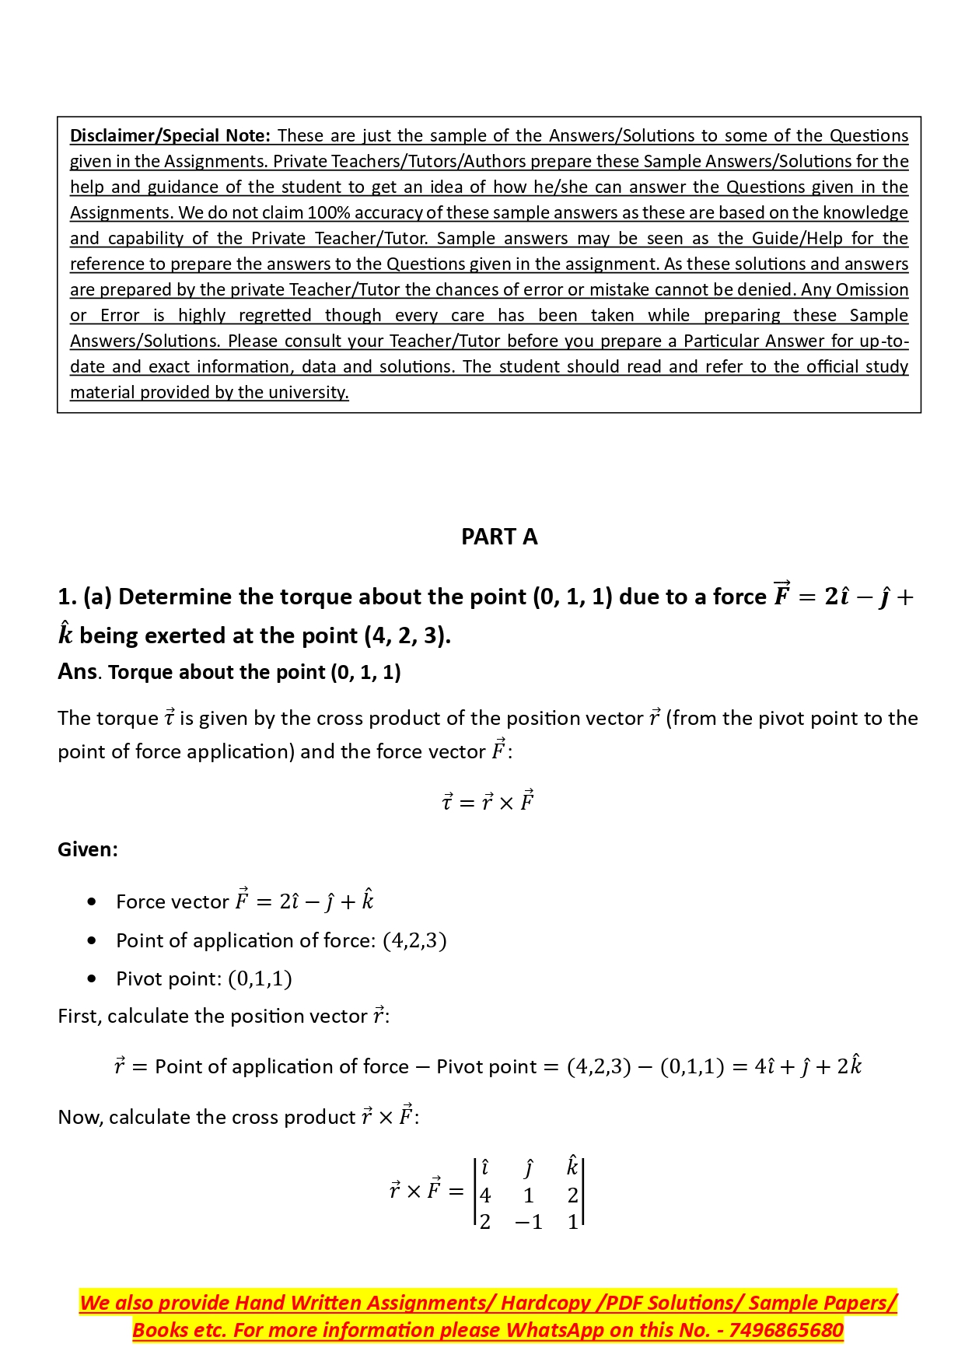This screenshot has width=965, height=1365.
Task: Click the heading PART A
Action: (499, 537)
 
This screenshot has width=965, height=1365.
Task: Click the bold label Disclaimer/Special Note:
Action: (170, 135)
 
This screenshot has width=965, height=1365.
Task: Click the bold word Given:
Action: (88, 849)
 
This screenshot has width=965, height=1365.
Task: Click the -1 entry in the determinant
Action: (529, 1223)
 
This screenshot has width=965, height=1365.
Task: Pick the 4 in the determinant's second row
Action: (485, 1195)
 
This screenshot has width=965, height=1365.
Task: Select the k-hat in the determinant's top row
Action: (572, 1167)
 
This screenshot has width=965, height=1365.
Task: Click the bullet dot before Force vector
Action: (93, 902)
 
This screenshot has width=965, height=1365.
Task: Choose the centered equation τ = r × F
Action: (488, 801)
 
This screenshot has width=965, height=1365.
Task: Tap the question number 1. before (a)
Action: (68, 597)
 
